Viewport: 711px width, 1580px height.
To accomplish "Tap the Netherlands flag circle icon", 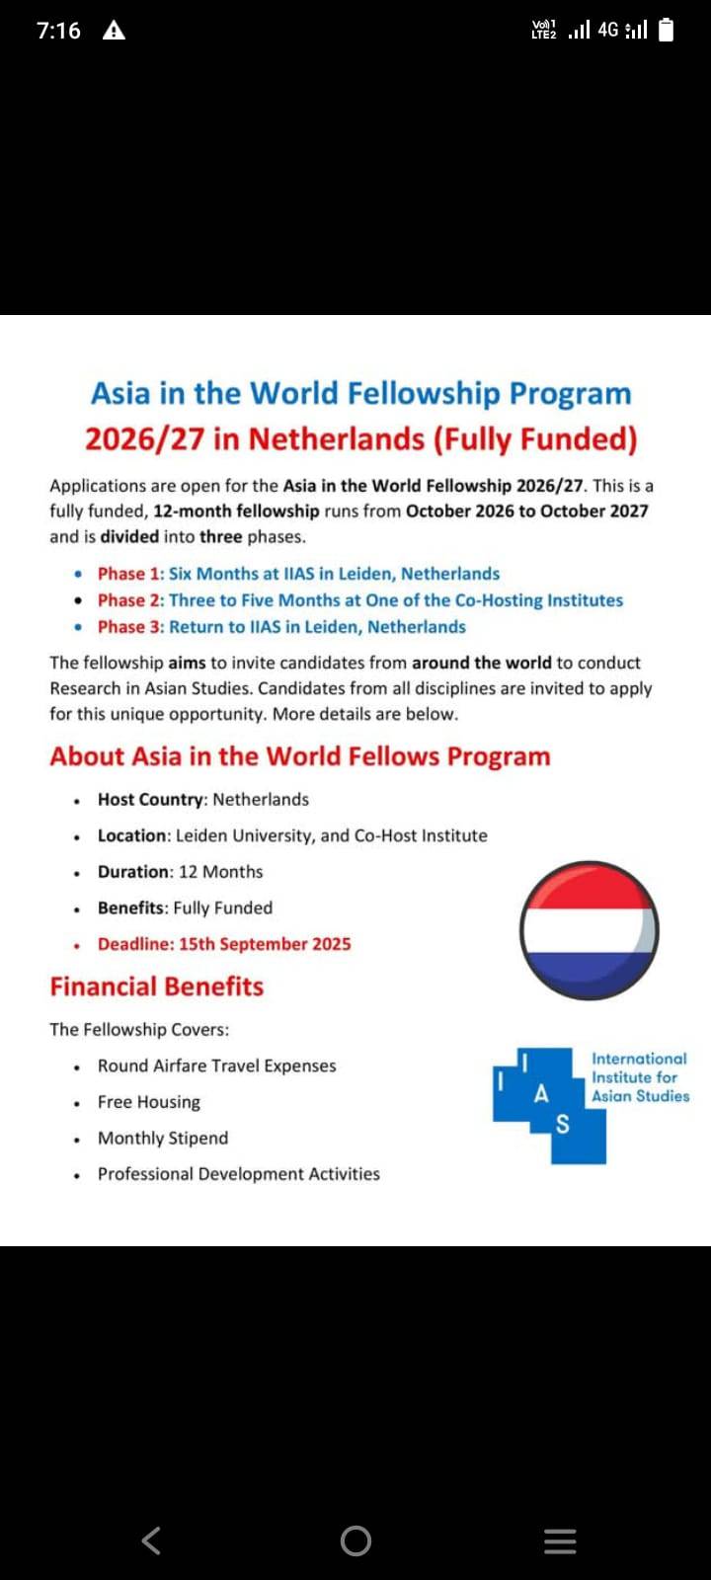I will click(589, 930).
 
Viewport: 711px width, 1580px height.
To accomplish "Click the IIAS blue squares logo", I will click(548, 1104).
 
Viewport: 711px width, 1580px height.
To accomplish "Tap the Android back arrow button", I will click(151, 1540).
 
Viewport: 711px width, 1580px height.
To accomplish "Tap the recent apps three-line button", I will click(560, 1540).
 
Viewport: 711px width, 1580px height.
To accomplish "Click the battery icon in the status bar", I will click(667, 31).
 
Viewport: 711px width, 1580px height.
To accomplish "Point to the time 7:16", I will click(58, 31).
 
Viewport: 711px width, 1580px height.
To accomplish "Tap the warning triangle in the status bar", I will click(114, 31).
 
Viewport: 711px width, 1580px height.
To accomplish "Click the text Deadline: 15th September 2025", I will click(224, 944).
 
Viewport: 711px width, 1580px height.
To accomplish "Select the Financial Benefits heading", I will click(157, 987).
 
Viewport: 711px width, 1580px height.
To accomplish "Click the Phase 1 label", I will click(130, 574).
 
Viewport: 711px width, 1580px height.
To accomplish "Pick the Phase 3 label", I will click(130, 627).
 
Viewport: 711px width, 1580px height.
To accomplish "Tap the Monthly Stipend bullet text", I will click(163, 1138).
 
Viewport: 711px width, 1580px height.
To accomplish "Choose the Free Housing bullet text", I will click(149, 1102).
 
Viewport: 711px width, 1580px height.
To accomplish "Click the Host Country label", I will click(151, 800).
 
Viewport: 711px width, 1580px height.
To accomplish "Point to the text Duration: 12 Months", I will click(180, 872).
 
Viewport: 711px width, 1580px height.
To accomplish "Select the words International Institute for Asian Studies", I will click(640, 1077).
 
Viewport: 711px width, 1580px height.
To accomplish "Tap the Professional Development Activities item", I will click(239, 1174).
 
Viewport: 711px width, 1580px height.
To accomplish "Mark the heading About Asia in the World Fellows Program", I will click(300, 756).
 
